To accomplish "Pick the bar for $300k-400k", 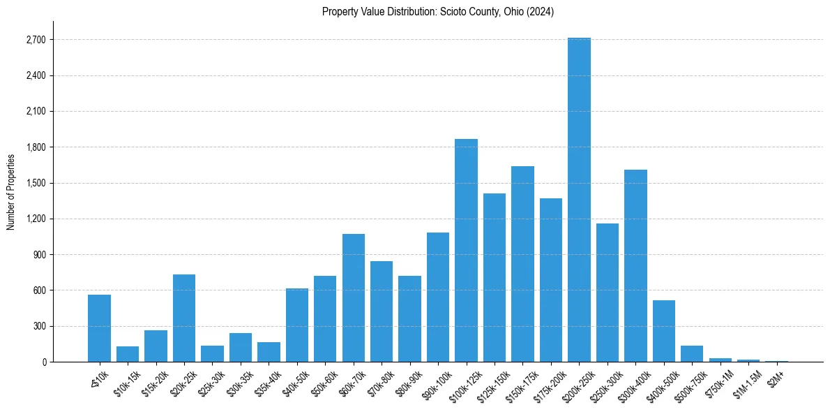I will click(635, 265).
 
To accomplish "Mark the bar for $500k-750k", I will click(692, 353).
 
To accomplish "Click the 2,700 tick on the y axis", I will click(36, 40).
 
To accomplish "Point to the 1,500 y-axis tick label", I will click(36, 183).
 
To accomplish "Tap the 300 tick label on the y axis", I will click(39, 326).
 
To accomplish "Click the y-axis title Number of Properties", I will click(10, 191).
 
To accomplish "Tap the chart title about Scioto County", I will click(438, 12).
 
